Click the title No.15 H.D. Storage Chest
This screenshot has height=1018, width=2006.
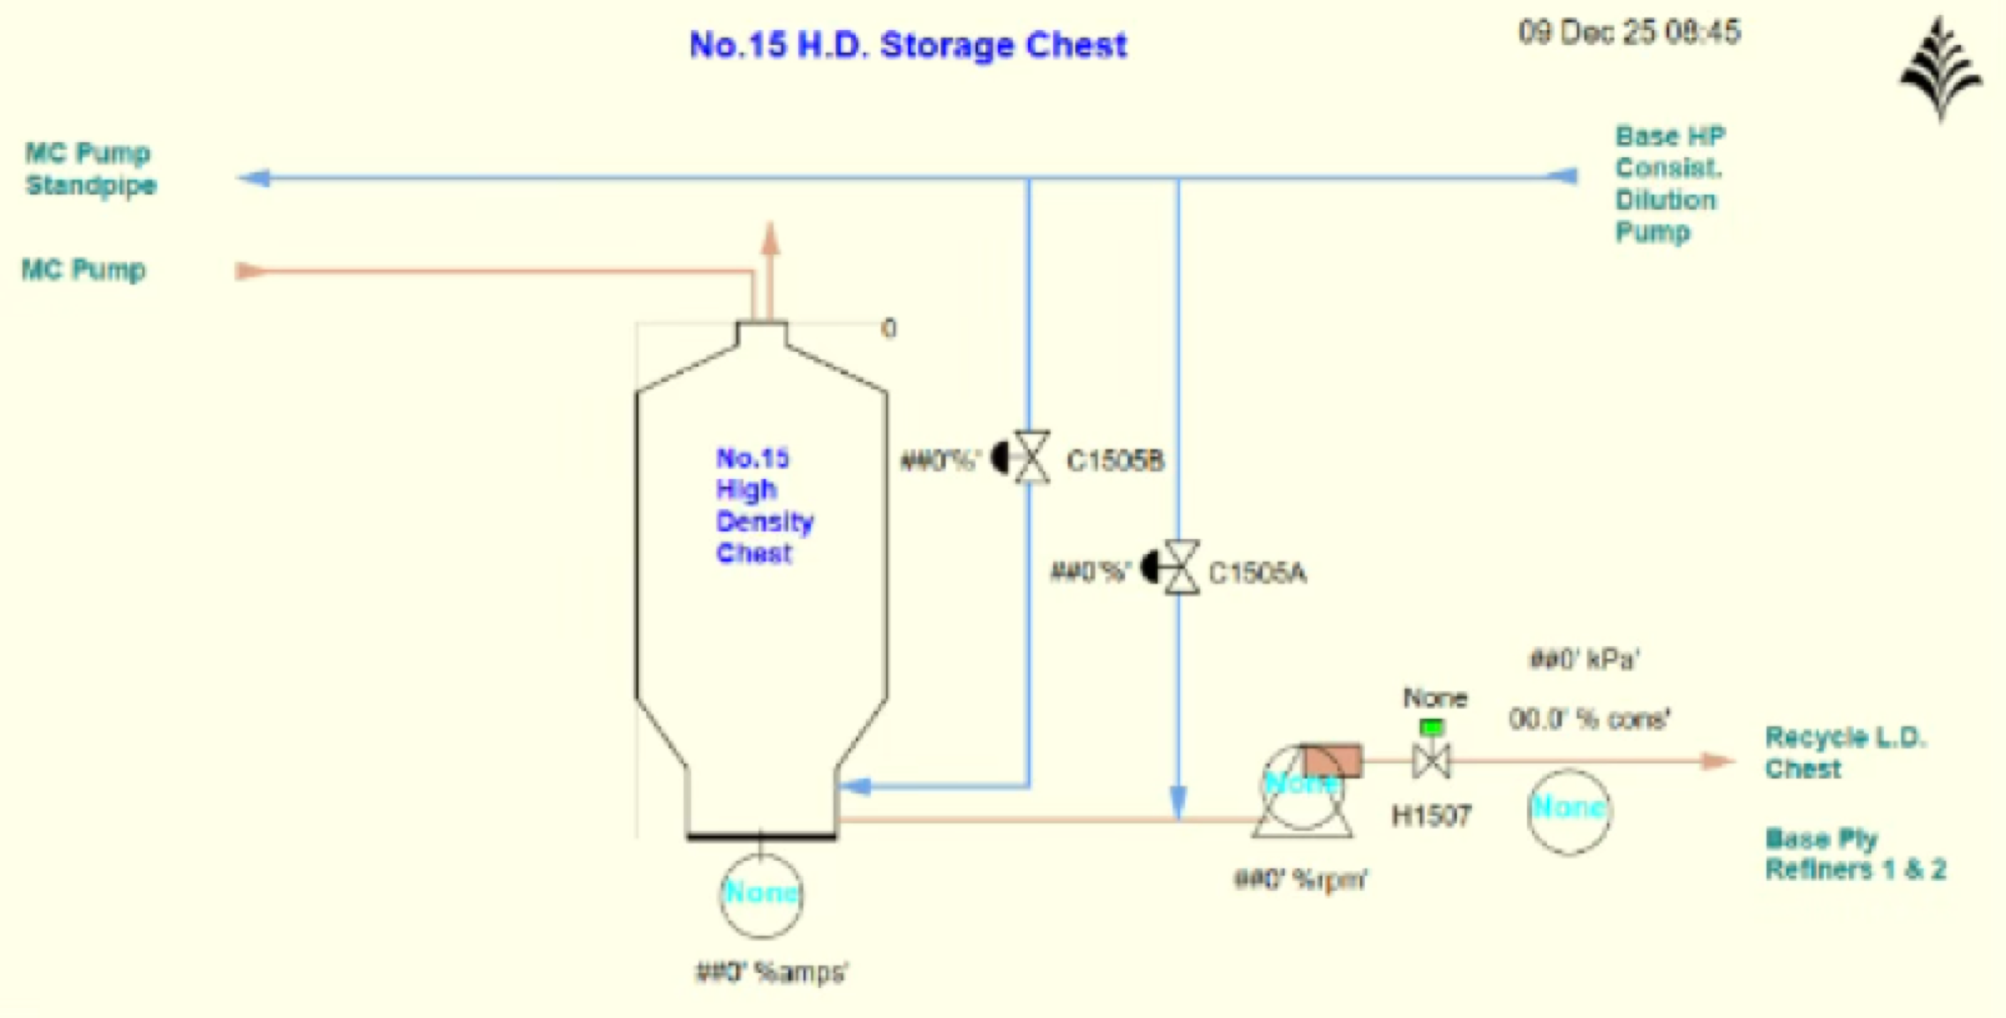tap(908, 45)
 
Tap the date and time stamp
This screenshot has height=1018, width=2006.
tap(1629, 33)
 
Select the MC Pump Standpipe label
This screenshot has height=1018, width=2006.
tap(90, 169)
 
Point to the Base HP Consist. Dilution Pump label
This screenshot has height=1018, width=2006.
tap(1668, 184)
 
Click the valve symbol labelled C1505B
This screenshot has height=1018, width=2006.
tap(1031, 457)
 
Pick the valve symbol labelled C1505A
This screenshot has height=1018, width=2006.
tap(1180, 568)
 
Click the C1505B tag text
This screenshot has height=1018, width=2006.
tap(1115, 461)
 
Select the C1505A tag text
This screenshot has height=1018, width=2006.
tap(1257, 573)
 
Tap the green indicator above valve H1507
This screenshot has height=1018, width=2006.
tap(1431, 727)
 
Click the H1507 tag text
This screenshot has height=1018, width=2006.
tap(1431, 815)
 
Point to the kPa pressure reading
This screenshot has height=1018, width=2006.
tap(1584, 659)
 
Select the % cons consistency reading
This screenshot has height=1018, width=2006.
tap(1588, 719)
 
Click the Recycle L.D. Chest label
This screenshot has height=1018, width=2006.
tap(1844, 752)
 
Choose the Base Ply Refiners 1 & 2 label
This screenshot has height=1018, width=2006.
tap(1855, 853)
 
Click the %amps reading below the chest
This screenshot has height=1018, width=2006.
tap(771, 972)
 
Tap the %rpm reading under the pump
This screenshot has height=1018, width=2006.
tap(1300, 879)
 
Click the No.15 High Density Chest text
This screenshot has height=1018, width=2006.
tap(764, 506)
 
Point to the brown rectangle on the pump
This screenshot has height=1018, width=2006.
tap(1332, 761)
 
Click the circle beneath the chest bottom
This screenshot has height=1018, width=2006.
tap(761, 894)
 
